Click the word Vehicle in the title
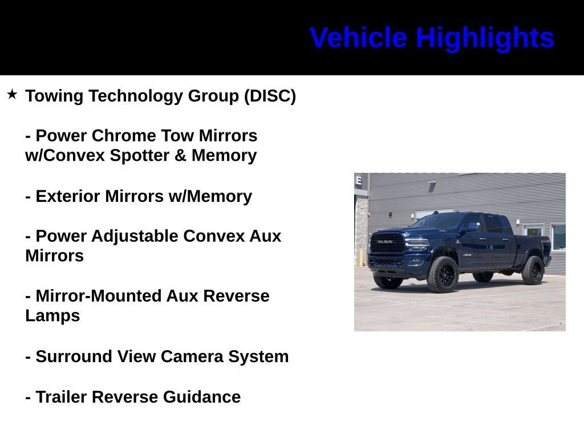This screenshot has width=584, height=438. click(358, 38)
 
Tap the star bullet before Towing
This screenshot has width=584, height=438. click(12, 94)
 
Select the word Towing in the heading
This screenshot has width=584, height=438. click(54, 96)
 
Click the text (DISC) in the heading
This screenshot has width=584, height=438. click(270, 96)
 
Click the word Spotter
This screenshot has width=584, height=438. click(140, 156)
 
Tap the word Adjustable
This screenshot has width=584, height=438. click(135, 237)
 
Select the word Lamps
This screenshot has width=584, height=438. click(52, 316)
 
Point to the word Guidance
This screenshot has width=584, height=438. click(202, 397)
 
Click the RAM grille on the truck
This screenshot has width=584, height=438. click(388, 243)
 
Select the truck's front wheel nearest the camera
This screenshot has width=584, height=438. click(443, 274)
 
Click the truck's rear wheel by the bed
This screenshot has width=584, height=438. click(533, 270)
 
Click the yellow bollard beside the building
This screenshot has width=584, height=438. click(360, 258)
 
